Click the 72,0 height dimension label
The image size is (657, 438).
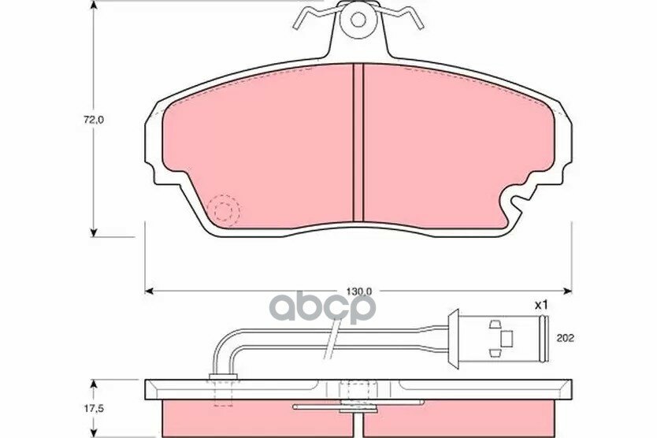(93, 120)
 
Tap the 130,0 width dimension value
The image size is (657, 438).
(359, 291)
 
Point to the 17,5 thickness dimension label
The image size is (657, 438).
(94, 407)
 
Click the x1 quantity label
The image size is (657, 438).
(541, 306)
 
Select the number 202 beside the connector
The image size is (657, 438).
(566, 338)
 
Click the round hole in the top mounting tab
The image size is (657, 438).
(358, 19)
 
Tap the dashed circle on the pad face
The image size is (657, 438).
(224, 211)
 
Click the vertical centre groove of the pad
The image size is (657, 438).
(358, 143)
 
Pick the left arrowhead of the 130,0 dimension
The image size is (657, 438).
(148, 291)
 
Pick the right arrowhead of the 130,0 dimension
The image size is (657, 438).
(569, 291)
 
